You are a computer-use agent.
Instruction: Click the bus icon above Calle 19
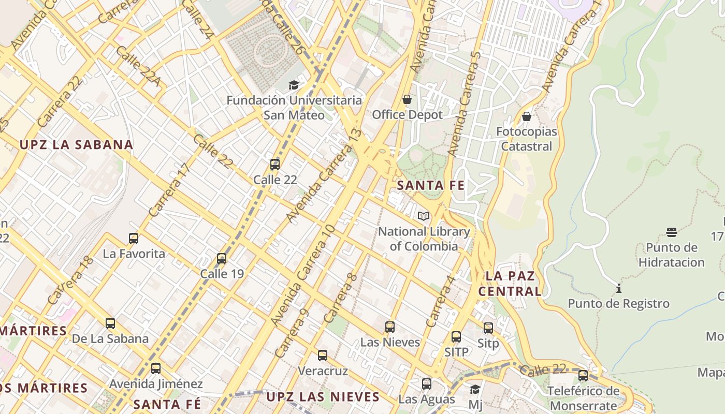point(222,258)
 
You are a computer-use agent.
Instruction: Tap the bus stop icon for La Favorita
point(134,239)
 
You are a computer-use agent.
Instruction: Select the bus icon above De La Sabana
point(110,323)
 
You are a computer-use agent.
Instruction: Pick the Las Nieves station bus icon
point(390,327)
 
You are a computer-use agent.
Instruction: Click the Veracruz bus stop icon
point(323,356)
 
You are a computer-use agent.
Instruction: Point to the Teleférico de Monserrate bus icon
point(583,376)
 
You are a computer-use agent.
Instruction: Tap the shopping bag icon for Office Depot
point(407,99)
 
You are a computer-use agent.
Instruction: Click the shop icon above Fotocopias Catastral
point(527,116)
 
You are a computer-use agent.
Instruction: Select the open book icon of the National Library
point(424,216)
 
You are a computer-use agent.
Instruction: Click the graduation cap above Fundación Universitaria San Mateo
point(294,85)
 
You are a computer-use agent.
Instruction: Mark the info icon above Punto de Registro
point(618,288)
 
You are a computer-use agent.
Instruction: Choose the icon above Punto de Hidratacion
point(672,232)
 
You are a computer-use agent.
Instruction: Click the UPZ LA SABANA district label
point(76,144)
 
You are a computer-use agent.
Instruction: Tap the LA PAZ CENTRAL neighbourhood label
point(510,283)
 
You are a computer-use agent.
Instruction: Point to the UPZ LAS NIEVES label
point(323,397)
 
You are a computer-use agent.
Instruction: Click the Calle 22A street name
point(137,66)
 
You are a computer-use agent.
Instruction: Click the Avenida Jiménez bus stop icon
point(156,368)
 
